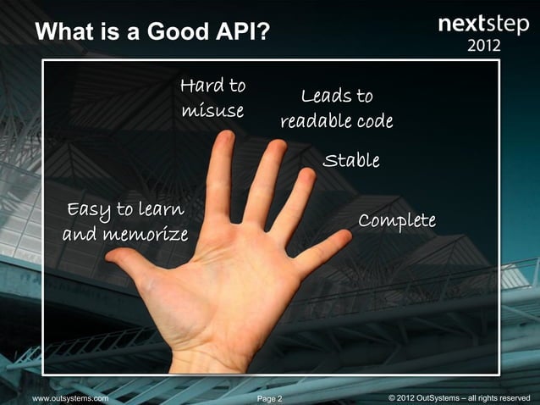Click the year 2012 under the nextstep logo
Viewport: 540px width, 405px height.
[x=484, y=44]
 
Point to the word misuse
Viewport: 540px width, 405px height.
[x=212, y=111]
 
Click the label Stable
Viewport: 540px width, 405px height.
[x=351, y=160]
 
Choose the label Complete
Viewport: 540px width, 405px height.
[x=397, y=220]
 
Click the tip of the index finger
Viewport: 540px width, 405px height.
[x=225, y=138]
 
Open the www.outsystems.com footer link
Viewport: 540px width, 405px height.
[x=70, y=397]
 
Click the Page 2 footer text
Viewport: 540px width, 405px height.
[x=269, y=397]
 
